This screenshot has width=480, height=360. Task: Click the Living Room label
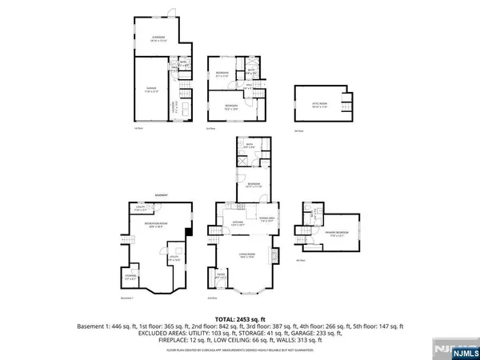(245, 256)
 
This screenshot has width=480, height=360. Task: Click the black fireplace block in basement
(188, 233)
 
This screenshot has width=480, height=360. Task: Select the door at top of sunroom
(170, 14)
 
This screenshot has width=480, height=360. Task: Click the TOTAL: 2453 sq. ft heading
(240, 318)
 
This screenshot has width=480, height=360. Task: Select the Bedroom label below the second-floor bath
(253, 186)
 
